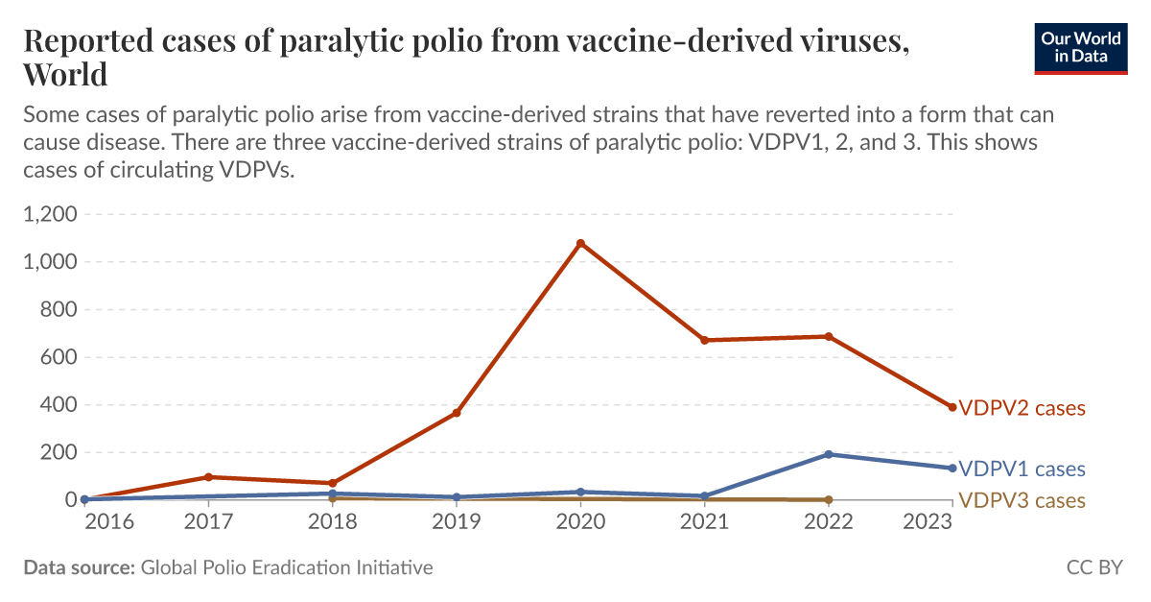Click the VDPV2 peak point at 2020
(x=580, y=243)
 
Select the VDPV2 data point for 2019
(x=457, y=413)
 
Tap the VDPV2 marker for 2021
(x=704, y=340)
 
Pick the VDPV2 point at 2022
(x=828, y=336)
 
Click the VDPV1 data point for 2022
(x=828, y=454)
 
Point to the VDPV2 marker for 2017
(x=208, y=477)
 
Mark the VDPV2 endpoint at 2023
(x=951, y=407)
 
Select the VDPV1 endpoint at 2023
(x=951, y=469)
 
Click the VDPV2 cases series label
(x=1022, y=408)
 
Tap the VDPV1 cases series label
(x=1022, y=470)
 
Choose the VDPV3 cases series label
(x=1022, y=500)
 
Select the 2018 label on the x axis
(x=332, y=521)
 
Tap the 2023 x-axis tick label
(x=928, y=521)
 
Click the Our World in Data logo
(x=1080, y=47)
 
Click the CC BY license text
(x=1094, y=567)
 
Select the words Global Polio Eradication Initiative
(x=287, y=567)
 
